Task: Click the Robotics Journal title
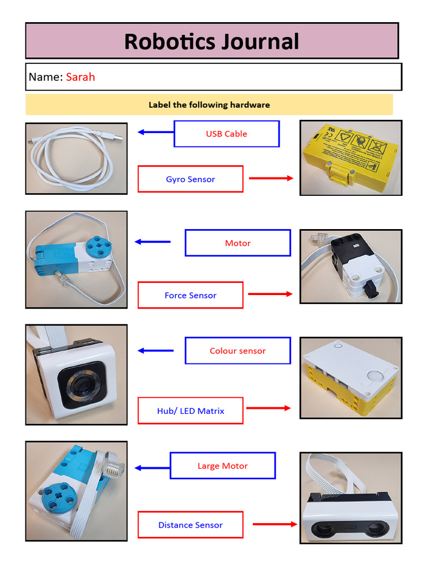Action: point(211,42)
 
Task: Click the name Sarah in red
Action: point(80,77)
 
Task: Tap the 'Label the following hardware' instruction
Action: point(209,105)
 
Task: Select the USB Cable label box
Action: point(226,134)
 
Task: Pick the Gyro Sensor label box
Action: point(190,179)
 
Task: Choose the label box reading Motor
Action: point(237,243)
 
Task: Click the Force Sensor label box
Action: point(190,295)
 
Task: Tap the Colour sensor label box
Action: point(237,351)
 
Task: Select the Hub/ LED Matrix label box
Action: point(190,411)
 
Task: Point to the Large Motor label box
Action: point(222,466)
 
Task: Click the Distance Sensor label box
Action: point(190,525)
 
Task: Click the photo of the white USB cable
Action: point(77,158)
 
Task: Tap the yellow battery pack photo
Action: point(351,158)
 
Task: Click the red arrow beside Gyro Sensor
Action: point(271,178)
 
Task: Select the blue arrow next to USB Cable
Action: point(148,132)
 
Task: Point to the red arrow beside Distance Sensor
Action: point(275,524)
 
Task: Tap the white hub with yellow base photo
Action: point(351,377)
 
